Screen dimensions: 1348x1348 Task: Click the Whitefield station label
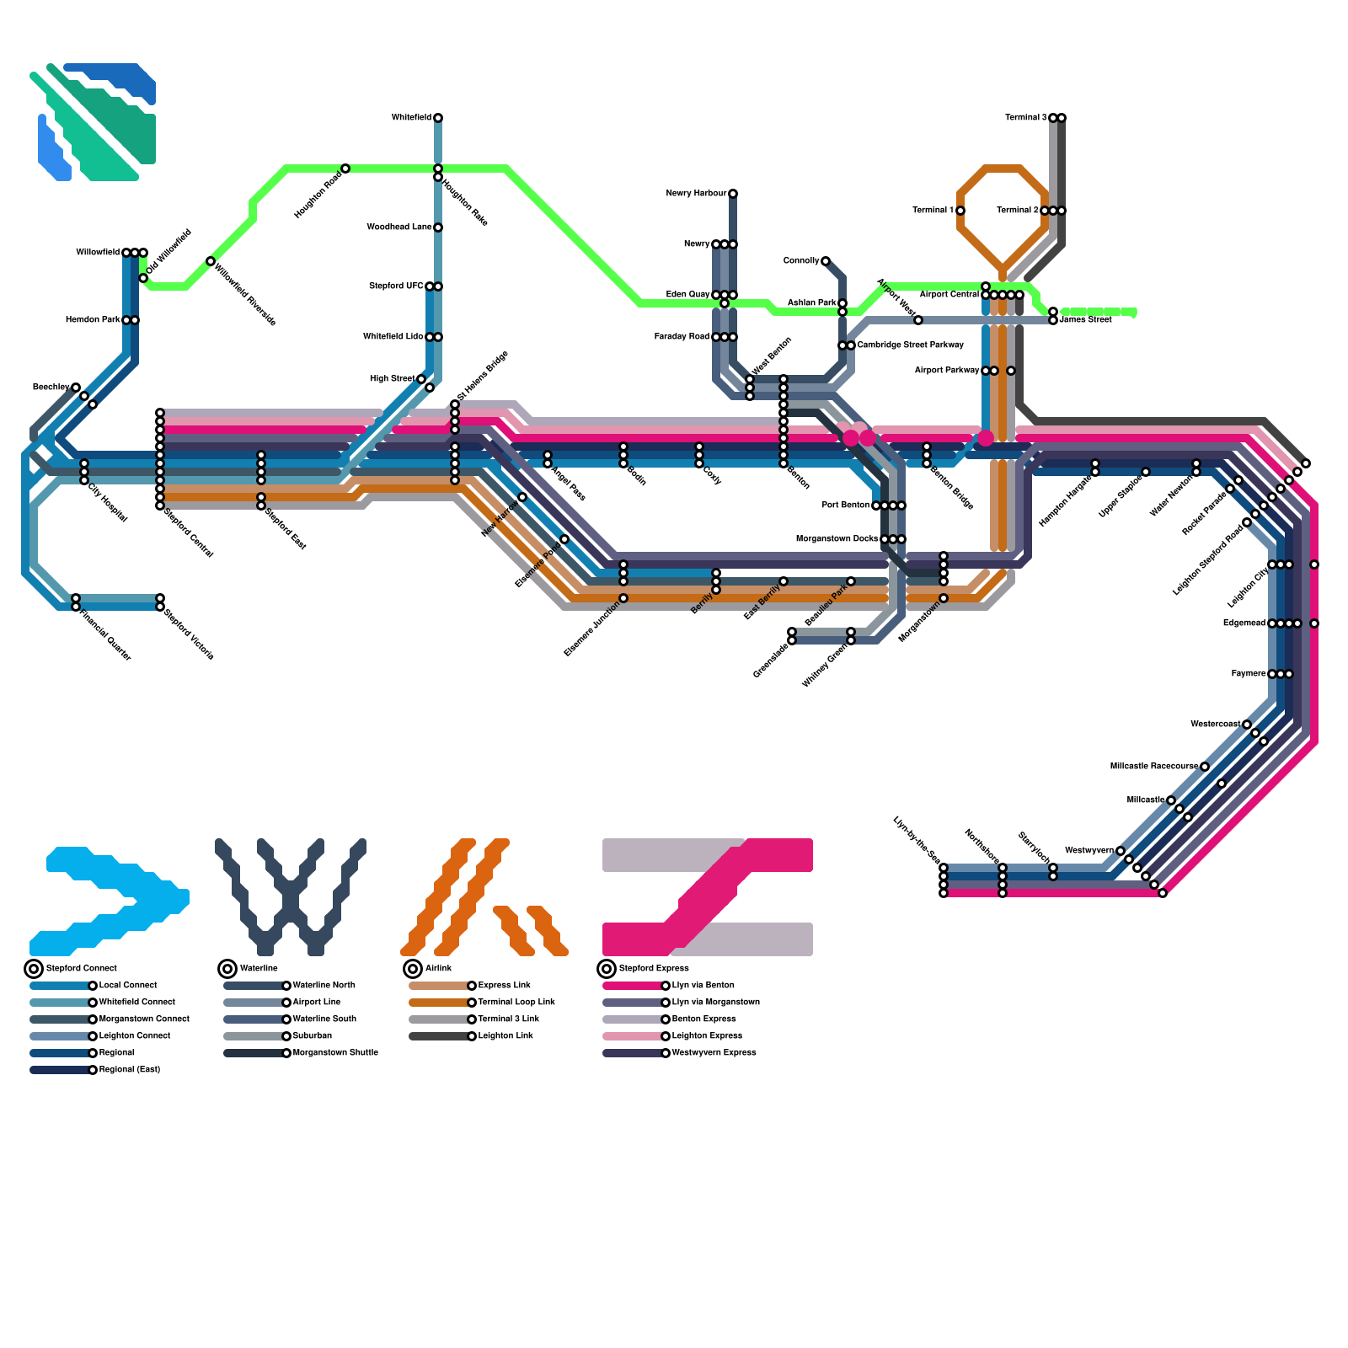point(411,118)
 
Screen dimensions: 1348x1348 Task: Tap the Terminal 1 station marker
point(960,211)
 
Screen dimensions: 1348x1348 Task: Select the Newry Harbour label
point(696,194)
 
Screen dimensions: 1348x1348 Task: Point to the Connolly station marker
point(826,261)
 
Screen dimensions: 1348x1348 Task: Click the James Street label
point(1085,320)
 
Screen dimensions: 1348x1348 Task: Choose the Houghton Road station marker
point(345,168)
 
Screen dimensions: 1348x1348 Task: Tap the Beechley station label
point(51,388)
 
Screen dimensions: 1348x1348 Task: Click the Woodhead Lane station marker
point(438,227)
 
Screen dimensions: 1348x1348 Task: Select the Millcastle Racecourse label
point(1153,767)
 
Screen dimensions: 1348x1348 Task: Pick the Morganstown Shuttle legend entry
point(335,1053)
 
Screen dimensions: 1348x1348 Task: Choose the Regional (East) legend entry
point(129,1070)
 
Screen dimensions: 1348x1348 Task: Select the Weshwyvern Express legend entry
point(714,1053)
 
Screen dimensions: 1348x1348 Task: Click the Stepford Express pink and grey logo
point(708,896)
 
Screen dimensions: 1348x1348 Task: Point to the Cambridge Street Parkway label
point(910,345)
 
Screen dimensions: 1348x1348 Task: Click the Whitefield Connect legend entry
point(136,1003)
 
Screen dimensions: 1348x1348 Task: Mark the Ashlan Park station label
point(811,303)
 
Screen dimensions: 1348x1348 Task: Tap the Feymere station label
point(1248,674)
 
